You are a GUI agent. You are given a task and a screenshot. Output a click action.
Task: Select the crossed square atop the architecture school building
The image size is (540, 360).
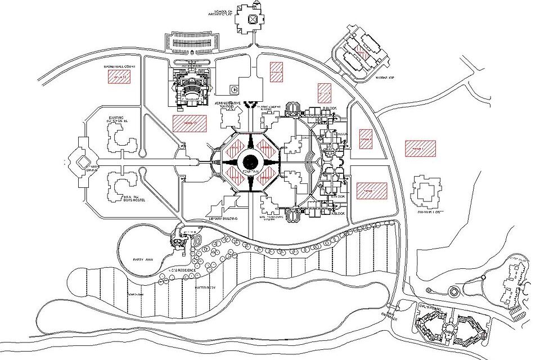click(253, 19)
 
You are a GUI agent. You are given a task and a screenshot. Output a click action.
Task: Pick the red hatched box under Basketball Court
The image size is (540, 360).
click(119, 77)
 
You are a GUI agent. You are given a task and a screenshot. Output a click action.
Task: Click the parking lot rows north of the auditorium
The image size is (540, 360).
click(192, 41)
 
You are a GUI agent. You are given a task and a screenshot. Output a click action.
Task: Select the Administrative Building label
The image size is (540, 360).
click(228, 105)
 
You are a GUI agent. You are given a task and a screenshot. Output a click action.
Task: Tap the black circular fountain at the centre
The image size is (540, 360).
click(252, 160)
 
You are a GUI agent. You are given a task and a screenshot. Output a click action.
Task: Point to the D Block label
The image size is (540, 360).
click(330, 107)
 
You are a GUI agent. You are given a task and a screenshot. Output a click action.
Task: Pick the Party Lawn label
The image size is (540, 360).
click(143, 259)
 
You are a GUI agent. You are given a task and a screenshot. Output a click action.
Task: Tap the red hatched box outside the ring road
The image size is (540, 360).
click(420, 148)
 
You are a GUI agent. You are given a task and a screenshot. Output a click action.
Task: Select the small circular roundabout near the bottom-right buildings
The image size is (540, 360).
click(453, 292)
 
